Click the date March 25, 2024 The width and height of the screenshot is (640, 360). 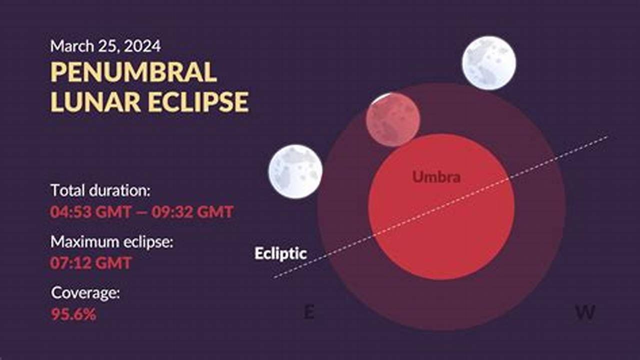[x=105, y=46]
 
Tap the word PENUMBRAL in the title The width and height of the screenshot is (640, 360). [x=133, y=73]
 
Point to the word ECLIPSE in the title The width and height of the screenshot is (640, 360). [x=198, y=101]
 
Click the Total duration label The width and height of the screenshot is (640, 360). [x=100, y=190]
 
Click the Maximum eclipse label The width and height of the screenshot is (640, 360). [x=111, y=242]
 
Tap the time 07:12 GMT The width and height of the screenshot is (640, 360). [x=91, y=262]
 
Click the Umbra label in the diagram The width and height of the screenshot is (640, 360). [x=436, y=176]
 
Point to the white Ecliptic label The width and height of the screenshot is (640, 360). [x=280, y=253]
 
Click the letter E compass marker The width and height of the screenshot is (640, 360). [x=309, y=313]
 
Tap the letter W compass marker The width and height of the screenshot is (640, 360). [x=585, y=313]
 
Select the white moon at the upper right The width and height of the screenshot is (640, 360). [x=488, y=63]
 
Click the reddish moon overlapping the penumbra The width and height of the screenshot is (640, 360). [x=392, y=119]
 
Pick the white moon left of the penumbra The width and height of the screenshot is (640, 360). [x=295, y=171]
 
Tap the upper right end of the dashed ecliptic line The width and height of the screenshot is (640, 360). [x=607, y=136]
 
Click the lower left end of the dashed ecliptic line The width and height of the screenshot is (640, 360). [x=274, y=277]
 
